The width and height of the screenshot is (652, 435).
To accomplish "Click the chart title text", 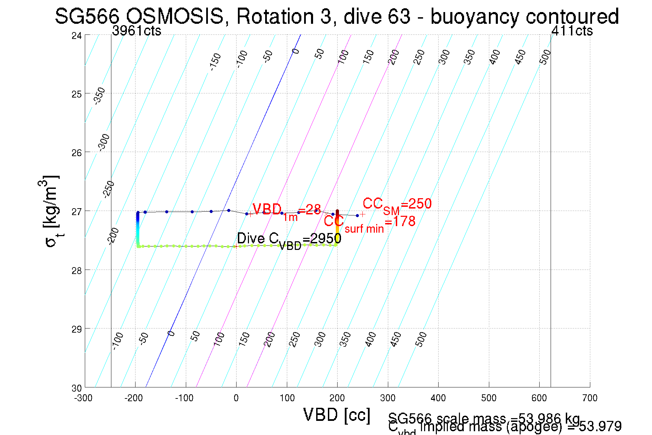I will point(337,16).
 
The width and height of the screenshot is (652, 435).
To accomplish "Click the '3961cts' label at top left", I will point(137,31).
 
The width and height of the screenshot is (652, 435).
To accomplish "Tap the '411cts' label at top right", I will point(572,31).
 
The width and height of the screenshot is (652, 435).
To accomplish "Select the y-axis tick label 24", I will point(77,36).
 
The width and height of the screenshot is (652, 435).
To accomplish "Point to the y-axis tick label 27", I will point(77,211).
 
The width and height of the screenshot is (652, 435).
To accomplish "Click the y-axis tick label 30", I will point(77,388).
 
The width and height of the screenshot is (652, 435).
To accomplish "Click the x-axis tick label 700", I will point(590,398).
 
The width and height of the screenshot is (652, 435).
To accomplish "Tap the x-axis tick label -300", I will point(83,398).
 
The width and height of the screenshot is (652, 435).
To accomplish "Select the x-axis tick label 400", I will point(438,398).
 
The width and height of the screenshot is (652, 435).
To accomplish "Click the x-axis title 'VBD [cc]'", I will point(337,415).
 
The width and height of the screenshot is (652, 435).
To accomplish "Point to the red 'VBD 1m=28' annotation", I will point(286,211).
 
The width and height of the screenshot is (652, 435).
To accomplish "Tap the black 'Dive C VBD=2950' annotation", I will point(289,240).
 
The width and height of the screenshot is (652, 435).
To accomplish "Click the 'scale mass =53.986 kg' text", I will point(484,418).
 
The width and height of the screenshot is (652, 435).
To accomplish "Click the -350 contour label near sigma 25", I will point(99,96).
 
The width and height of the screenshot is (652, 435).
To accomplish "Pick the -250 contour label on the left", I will point(109,189).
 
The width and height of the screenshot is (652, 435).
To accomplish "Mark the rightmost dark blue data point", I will point(357,216).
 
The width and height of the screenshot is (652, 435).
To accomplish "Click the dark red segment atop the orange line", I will point(337,212).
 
